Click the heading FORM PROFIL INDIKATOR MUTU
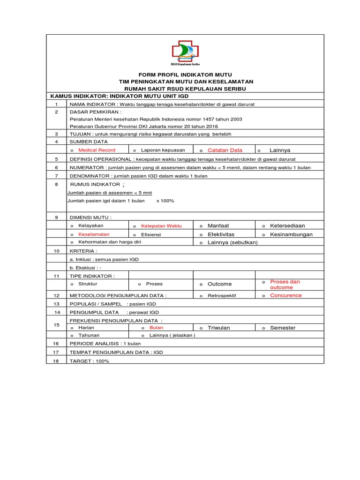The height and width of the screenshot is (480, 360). [x=185, y=75]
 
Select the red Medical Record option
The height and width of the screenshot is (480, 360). [x=97, y=150]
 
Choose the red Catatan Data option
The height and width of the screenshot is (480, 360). [x=225, y=150]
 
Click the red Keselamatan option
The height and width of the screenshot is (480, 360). [x=94, y=234]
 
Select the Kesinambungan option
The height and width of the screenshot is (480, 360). [x=291, y=234]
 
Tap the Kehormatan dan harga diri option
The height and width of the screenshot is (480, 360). [x=109, y=242]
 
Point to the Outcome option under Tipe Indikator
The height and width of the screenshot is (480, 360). [x=219, y=284]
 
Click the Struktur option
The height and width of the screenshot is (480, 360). [x=88, y=284]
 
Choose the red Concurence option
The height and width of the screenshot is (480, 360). [x=286, y=295]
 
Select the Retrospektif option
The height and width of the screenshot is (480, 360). [x=222, y=296]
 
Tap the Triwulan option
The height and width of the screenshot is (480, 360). [x=218, y=328]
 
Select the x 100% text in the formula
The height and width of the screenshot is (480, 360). [x=165, y=201]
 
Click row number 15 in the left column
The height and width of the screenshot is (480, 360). [x=56, y=324]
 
